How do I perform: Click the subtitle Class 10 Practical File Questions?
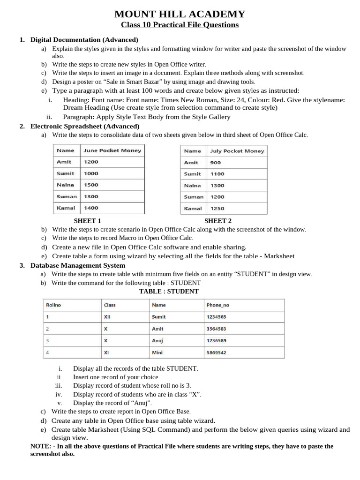(x=180, y=25)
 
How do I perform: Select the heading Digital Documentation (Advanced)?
(x=84, y=40)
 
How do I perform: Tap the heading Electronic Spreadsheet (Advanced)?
(x=85, y=126)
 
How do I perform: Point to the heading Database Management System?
(x=78, y=265)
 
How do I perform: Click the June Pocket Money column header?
(x=112, y=150)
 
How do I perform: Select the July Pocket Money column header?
(x=237, y=151)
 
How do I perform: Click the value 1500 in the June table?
(x=91, y=185)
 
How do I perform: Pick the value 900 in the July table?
(x=216, y=163)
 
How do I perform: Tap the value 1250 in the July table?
(x=217, y=209)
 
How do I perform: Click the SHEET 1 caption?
(x=87, y=221)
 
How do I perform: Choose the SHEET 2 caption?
(x=218, y=221)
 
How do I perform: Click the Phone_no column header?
(x=218, y=305)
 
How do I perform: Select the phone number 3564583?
(x=216, y=329)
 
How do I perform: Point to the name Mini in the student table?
(x=157, y=352)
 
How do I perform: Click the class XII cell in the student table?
(x=107, y=317)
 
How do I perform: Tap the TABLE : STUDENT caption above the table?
(x=169, y=291)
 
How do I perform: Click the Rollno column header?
(x=53, y=305)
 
